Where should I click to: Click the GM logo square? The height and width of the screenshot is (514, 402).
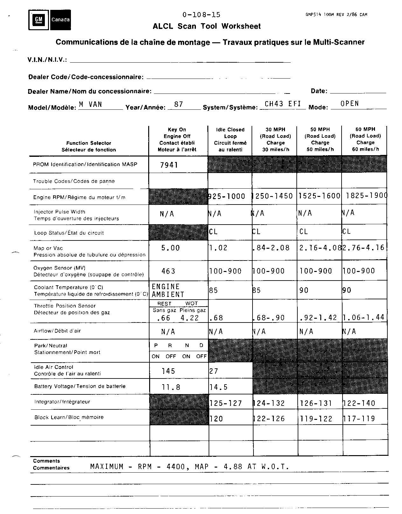pyautogui.click(x=38, y=20)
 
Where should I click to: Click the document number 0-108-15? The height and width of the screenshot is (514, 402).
pyautogui.click(x=201, y=15)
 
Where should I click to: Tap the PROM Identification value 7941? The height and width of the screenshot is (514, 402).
pyautogui.click(x=169, y=165)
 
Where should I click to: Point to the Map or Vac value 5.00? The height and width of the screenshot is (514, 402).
pyautogui.click(x=170, y=248)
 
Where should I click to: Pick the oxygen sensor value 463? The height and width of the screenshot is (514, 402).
pyautogui.click(x=168, y=271)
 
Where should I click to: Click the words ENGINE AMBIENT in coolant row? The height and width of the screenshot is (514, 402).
pyautogui.click(x=168, y=290)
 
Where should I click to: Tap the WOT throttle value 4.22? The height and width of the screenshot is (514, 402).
pyautogui.click(x=190, y=318)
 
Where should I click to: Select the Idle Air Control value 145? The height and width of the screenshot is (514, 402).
pyautogui.click(x=168, y=371)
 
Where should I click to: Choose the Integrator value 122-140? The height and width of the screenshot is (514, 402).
pyautogui.click(x=359, y=403)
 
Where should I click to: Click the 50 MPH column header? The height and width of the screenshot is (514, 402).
pyautogui.click(x=320, y=139)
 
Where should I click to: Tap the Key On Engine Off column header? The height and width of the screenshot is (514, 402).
pyautogui.click(x=177, y=139)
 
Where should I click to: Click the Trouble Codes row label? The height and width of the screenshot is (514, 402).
pyautogui.click(x=74, y=181)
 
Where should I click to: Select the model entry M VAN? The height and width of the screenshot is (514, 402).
pyautogui.click(x=90, y=104)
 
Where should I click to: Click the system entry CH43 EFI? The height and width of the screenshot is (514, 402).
pyautogui.click(x=282, y=104)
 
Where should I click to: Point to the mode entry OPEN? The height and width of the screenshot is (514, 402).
pyautogui.click(x=350, y=104)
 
